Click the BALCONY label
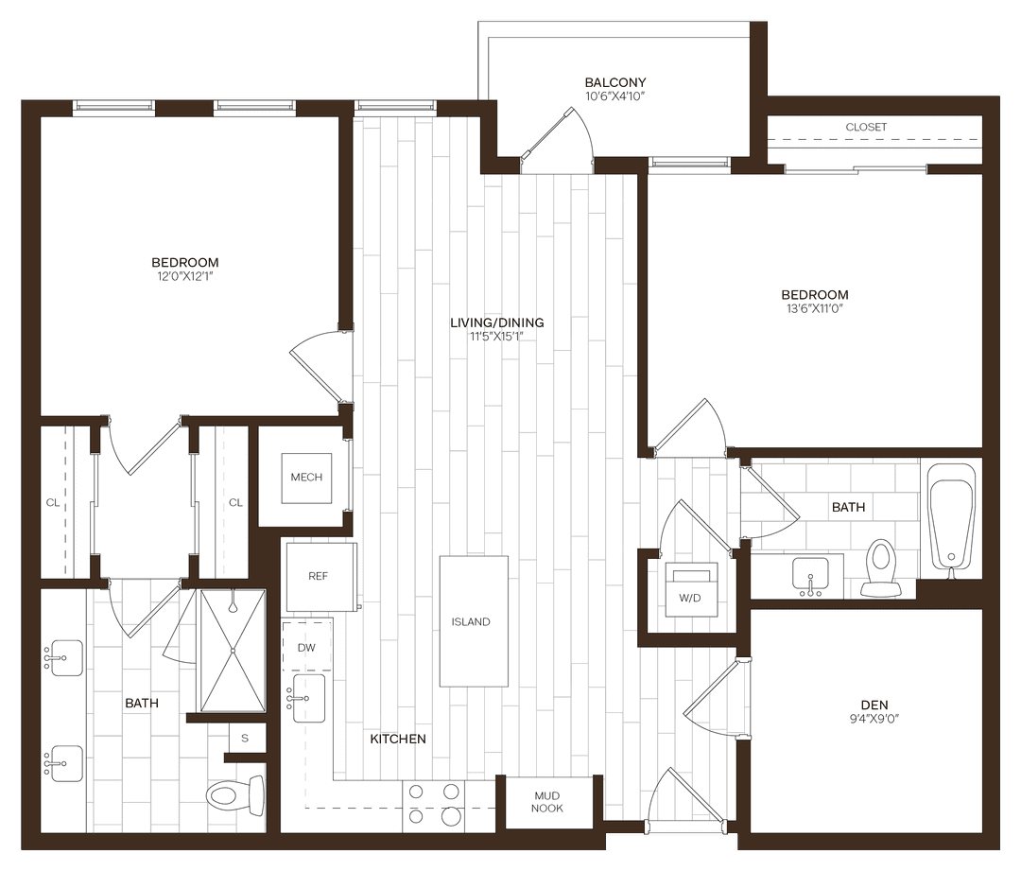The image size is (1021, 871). (614, 83)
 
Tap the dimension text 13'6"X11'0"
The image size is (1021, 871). (814, 309)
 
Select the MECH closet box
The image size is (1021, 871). (305, 478)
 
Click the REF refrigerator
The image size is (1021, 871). (319, 576)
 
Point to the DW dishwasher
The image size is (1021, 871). (306, 647)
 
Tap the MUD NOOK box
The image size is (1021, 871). (547, 802)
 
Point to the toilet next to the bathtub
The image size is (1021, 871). (881, 567)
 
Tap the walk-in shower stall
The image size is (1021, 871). (231, 652)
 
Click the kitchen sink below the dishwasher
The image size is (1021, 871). (308, 698)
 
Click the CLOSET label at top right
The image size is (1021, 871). (866, 127)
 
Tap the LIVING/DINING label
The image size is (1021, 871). (496, 322)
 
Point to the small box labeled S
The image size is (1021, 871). (245, 738)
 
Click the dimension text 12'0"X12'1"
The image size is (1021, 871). (184, 277)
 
